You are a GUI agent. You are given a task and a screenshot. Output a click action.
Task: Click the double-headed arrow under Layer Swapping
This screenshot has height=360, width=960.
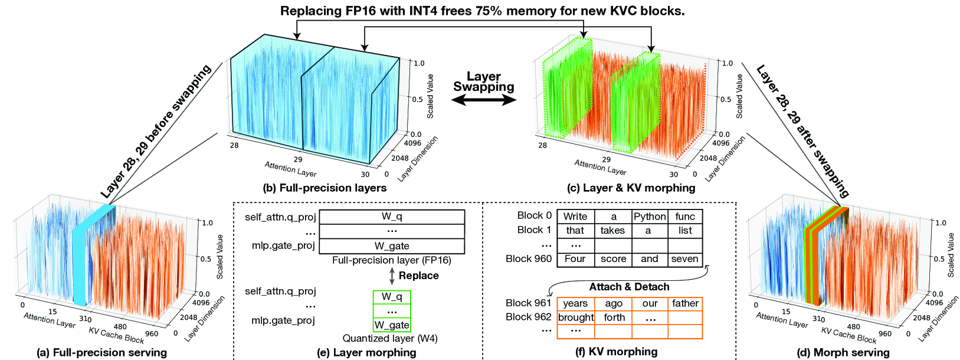point(483,101)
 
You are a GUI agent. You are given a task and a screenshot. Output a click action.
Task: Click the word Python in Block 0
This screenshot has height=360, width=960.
point(650,217)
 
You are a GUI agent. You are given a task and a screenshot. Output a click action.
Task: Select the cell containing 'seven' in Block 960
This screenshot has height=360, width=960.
point(684,259)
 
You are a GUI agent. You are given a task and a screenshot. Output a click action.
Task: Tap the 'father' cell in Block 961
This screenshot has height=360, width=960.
point(685,303)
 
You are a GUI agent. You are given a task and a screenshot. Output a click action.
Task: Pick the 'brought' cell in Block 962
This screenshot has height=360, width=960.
point(575,318)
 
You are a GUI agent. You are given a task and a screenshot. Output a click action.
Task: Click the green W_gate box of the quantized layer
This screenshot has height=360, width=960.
point(392,325)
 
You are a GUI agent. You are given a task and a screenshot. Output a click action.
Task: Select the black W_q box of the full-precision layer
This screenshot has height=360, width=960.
point(392,217)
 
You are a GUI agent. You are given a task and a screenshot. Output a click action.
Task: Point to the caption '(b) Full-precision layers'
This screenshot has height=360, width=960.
point(325,188)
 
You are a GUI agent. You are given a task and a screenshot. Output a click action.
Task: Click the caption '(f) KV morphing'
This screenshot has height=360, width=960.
point(616,352)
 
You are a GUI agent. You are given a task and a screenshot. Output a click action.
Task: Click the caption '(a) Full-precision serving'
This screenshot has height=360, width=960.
point(101,352)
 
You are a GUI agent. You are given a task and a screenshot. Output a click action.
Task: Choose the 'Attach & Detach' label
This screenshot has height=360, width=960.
point(629,287)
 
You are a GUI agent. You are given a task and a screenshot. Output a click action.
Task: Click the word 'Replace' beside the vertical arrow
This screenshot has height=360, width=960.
point(418,276)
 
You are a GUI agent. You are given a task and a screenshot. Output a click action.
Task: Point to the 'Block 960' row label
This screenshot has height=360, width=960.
point(529,258)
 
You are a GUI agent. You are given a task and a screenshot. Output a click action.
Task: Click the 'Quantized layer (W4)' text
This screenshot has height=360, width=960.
point(390,339)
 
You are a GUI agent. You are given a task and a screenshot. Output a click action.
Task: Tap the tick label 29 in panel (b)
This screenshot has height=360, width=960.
point(297,159)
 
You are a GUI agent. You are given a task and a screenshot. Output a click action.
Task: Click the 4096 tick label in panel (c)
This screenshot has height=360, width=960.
point(720,143)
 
